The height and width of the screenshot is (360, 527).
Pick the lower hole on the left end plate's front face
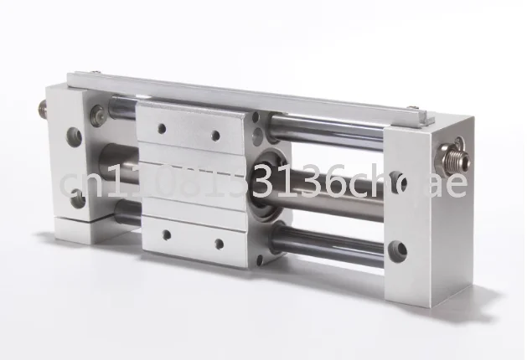click(77, 198)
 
